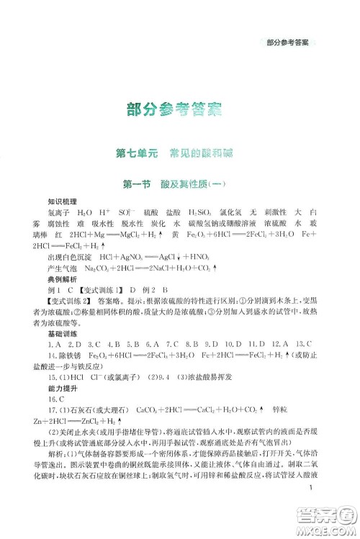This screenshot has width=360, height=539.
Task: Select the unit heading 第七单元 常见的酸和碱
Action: coord(180,153)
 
